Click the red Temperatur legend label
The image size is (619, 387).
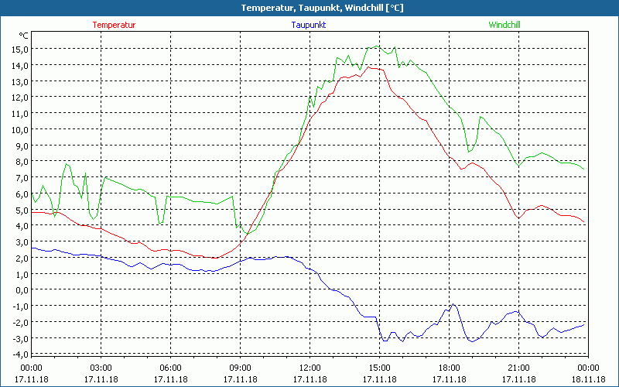tap(114, 25)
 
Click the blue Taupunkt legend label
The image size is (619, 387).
tap(309, 25)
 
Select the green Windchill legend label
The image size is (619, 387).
tap(504, 25)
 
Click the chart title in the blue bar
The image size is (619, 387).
tap(309, 8)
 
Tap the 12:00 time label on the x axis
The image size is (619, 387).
tap(309, 368)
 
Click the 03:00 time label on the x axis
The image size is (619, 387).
tap(101, 368)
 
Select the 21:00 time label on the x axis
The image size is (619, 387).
tap(518, 368)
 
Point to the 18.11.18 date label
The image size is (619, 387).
tap(588, 379)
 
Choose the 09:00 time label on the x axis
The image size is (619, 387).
tap(240, 368)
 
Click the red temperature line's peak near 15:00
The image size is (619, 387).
tap(371, 67)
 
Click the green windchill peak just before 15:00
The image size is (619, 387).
tap(376, 46)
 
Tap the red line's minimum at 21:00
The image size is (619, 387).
tap(518, 219)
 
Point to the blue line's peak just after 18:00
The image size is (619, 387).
tap(453, 304)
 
